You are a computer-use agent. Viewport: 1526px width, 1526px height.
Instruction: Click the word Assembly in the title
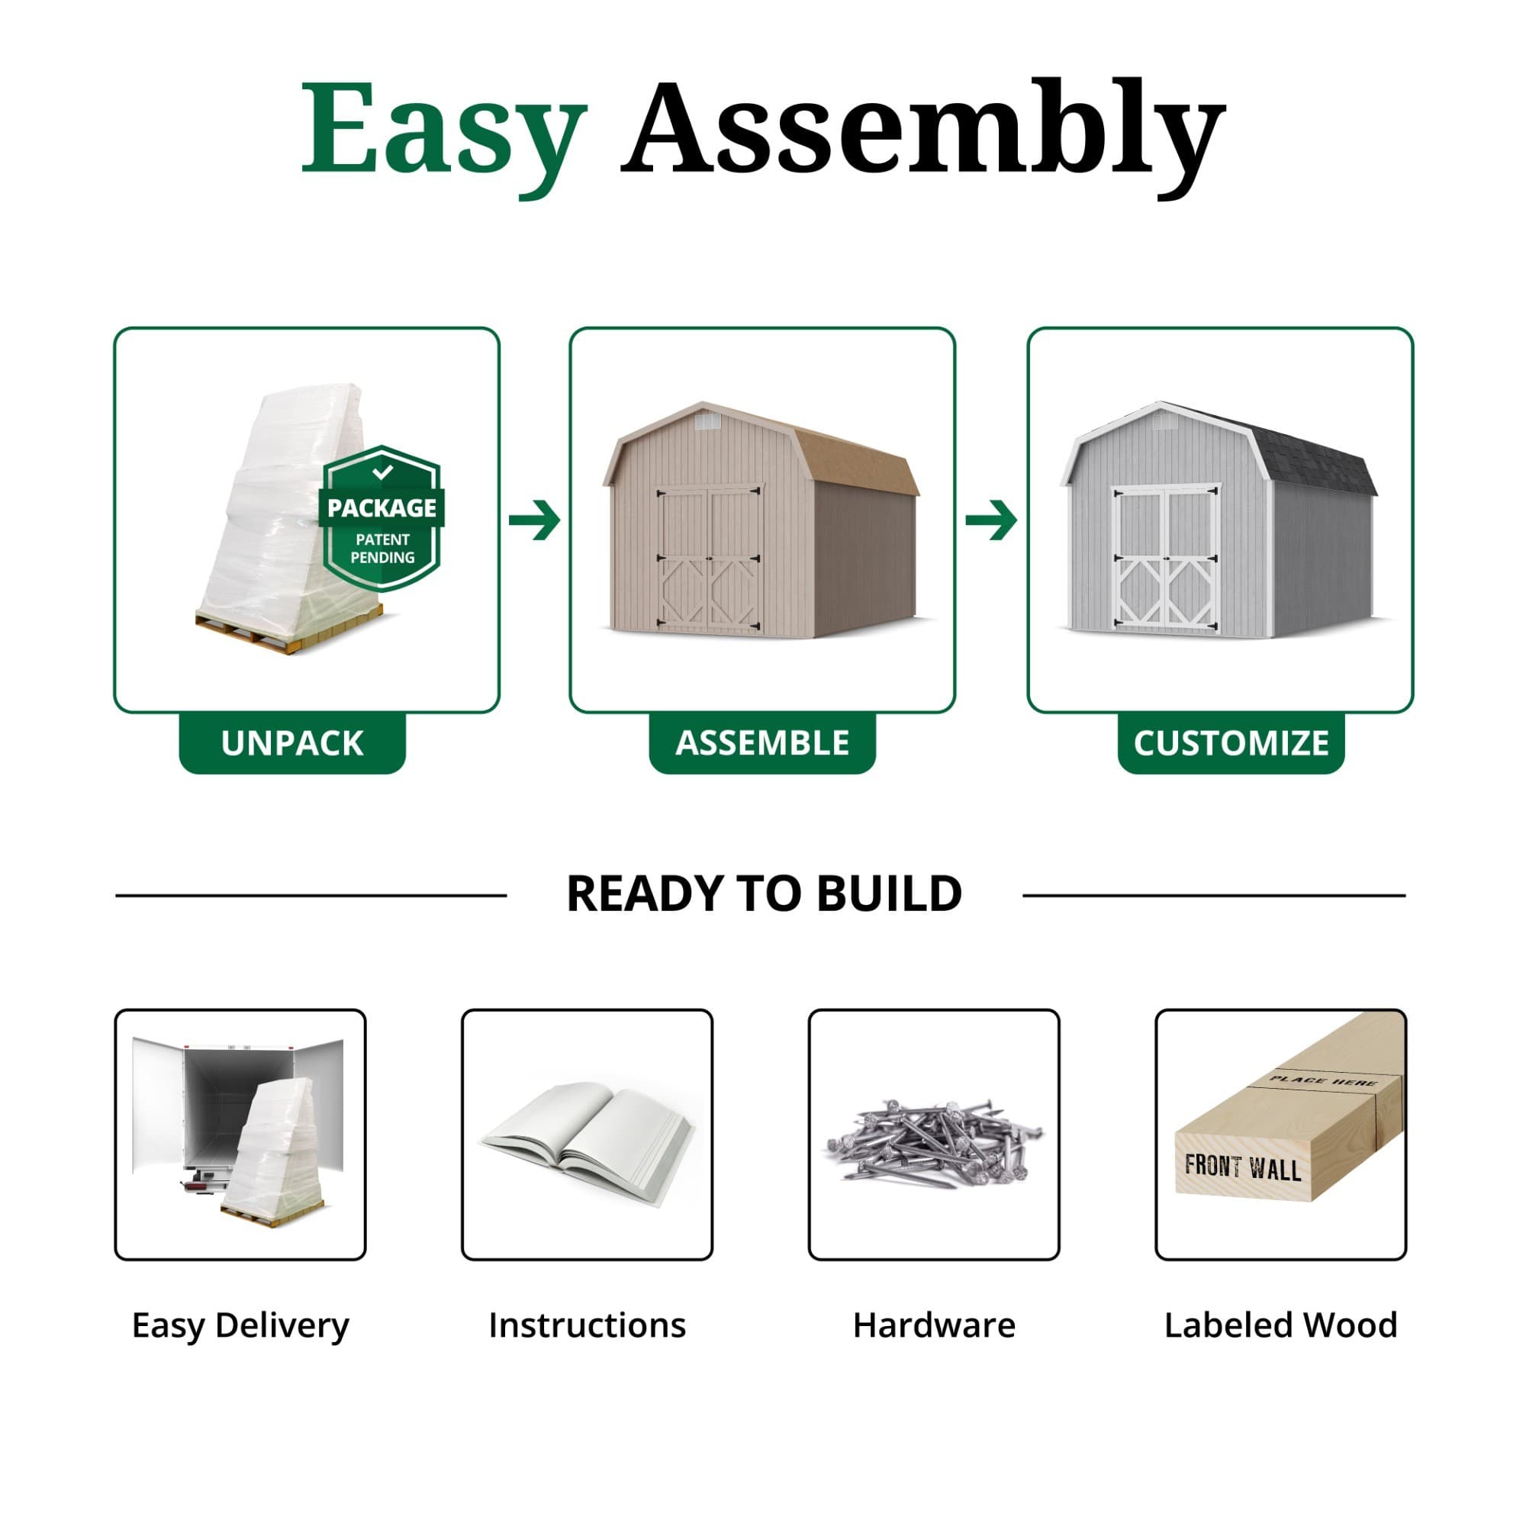pyautogui.click(x=922, y=130)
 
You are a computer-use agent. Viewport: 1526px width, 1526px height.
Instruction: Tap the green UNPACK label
pyautogui.click(x=292, y=743)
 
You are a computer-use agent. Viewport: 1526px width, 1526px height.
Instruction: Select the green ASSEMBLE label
pyautogui.click(x=762, y=743)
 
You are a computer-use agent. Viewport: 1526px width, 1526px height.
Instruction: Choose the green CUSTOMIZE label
pyautogui.click(x=1231, y=743)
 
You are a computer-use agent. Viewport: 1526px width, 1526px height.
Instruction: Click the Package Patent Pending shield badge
pyautogui.click(x=382, y=518)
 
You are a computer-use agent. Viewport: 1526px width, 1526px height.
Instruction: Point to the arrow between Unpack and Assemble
pyautogui.click(x=535, y=520)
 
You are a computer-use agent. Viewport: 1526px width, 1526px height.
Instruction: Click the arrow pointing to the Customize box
pyautogui.click(x=991, y=520)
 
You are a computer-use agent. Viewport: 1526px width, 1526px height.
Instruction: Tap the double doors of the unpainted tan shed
pyautogui.click(x=710, y=558)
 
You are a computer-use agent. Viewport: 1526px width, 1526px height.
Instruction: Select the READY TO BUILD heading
pyautogui.click(x=764, y=894)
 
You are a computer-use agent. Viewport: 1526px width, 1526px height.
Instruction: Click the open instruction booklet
pyautogui.click(x=587, y=1138)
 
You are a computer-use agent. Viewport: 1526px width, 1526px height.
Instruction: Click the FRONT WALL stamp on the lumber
pyautogui.click(x=1242, y=1167)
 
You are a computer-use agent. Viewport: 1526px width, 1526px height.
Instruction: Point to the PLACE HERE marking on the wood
pyautogui.click(x=1323, y=1080)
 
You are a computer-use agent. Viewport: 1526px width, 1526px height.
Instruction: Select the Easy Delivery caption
pyautogui.click(x=240, y=1325)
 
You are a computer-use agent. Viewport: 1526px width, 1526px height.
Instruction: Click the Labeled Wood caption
pyautogui.click(x=1280, y=1325)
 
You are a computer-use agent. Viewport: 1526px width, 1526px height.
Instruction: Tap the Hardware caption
pyautogui.click(x=934, y=1325)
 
